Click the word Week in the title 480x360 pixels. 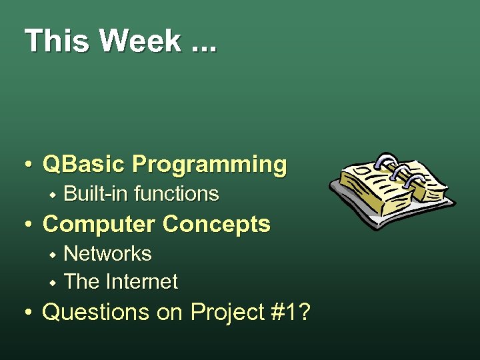(140, 41)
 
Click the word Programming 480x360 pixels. (209, 165)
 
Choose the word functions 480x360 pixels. (177, 194)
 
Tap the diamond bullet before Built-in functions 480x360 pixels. (53, 195)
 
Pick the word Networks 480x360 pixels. (107, 254)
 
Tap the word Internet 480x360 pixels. (141, 282)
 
